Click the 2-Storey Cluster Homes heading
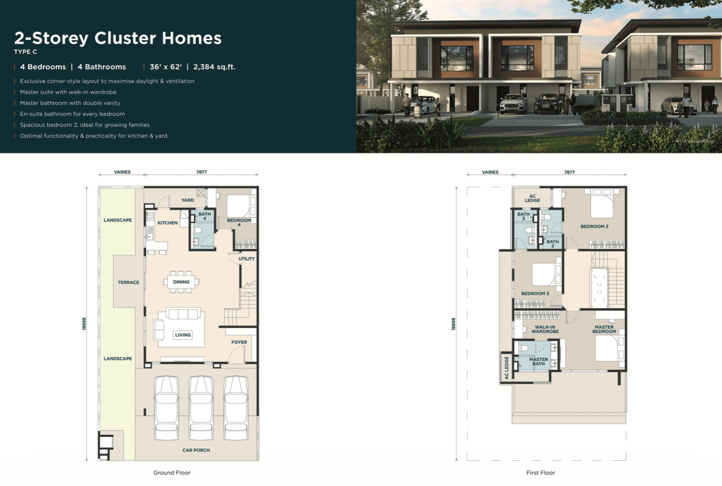118,39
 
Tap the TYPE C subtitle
26,52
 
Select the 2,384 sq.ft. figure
214,67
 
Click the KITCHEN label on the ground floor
168,223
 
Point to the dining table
181,282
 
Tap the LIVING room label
183,335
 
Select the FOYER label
239,342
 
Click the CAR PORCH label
196,450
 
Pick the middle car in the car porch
201,408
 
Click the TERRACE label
128,282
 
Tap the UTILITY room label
246,259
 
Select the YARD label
188,200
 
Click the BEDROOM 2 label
594,226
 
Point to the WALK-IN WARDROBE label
545,329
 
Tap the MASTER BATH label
538,361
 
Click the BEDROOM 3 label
535,293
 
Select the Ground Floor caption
172,473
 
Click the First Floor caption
540,473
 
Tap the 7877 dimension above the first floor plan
569,172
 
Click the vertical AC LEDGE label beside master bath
507,368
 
